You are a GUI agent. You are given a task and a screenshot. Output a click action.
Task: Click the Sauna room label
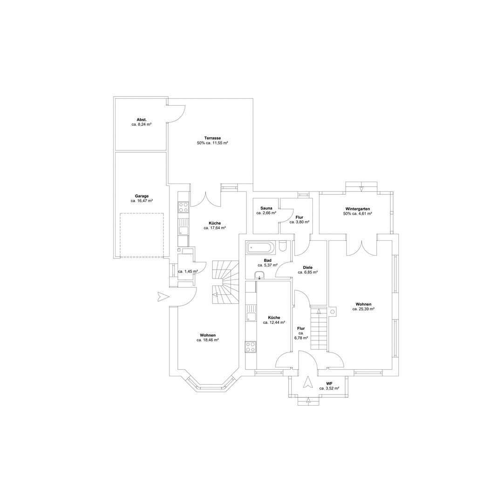[266, 208]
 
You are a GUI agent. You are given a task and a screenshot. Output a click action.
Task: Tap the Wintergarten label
[358, 209]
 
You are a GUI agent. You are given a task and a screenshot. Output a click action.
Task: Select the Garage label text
[142, 197]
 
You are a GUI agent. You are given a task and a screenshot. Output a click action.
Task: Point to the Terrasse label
[212, 138]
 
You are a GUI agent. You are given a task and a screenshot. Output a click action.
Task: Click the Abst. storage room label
[142, 120]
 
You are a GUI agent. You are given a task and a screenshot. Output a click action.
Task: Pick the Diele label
[308, 267]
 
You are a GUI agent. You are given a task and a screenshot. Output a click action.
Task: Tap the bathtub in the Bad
[260, 248]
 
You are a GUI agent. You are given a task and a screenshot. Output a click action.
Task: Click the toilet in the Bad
[283, 246]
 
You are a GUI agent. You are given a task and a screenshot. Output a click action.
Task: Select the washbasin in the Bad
[259, 275]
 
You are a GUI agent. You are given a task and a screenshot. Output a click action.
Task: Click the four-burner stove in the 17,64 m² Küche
[183, 207]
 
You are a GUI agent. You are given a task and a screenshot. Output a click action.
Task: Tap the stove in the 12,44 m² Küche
[251, 347]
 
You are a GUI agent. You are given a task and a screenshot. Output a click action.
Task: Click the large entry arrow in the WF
[308, 382]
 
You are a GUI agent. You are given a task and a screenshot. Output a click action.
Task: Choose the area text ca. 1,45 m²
[188, 272]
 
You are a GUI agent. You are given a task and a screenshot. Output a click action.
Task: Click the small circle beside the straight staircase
[333, 312]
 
